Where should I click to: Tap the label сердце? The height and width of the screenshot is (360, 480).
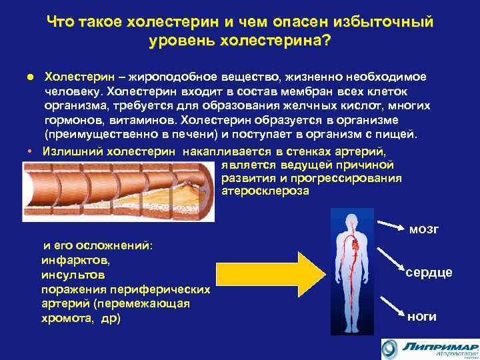point(429,273)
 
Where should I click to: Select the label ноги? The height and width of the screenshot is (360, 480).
point(421,316)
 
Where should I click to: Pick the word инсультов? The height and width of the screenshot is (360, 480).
point(73,274)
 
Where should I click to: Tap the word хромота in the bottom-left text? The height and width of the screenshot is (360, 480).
point(67,319)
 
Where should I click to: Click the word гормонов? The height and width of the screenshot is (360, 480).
point(74,120)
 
